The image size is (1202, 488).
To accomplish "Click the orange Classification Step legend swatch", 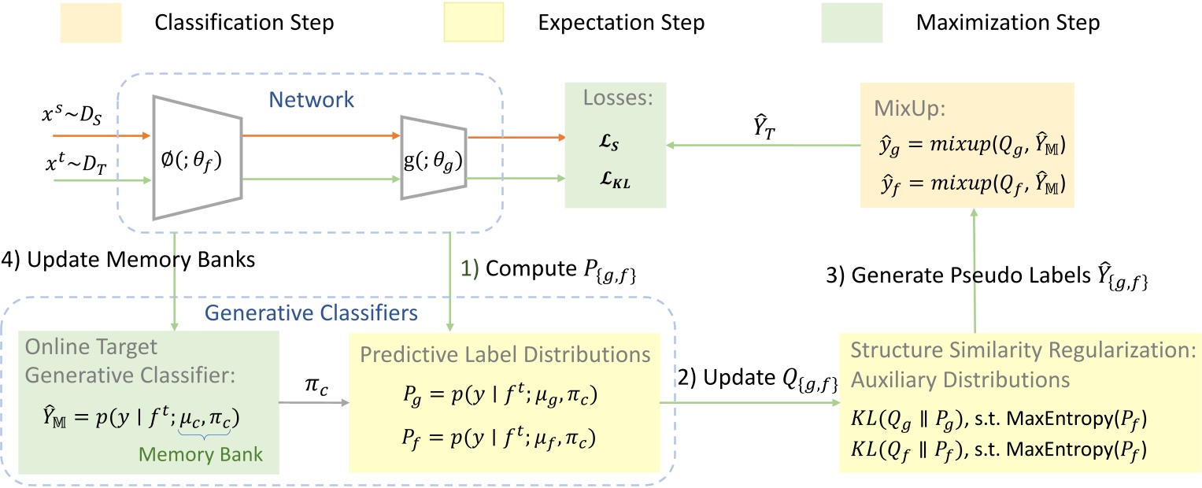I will click(61, 22).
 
